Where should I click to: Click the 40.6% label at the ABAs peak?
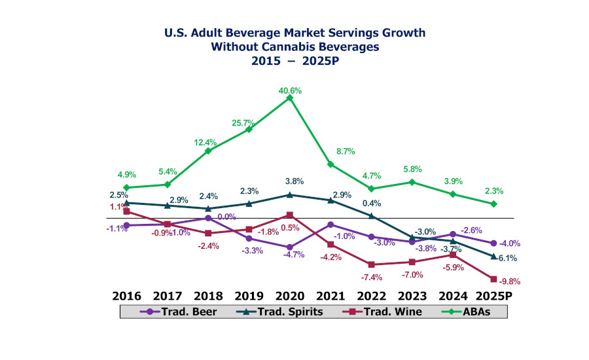click(x=290, y=91)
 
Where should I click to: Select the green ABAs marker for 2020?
click(x=290, y=98)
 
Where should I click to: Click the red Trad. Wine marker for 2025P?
click(x=493, y=279)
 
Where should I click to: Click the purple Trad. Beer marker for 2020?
click(x=290, y=247)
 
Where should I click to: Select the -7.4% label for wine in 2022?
click(x=372, y=277)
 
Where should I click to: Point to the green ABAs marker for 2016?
click(x=126, y=188)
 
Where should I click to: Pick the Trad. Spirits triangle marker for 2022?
click(x=372, y=216)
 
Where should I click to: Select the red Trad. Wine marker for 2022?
click(x=372, y=264)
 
